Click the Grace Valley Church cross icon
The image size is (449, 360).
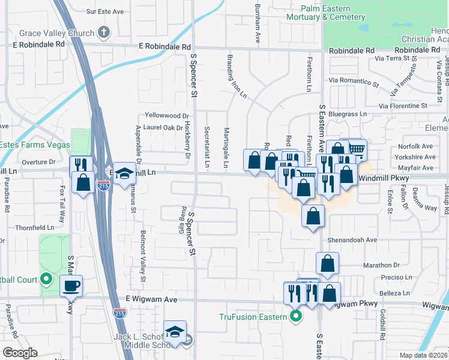(x=104, y=32)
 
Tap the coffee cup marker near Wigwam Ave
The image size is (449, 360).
(x=72, y=286)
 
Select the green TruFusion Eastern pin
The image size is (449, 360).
(x=295, y=317)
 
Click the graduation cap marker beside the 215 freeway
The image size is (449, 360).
(x=124, y=175)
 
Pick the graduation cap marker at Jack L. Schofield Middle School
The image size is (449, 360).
(x=174, y=331)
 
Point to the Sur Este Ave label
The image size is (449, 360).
(x=105, y=11)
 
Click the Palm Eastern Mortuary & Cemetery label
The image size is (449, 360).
(x=333, y=13)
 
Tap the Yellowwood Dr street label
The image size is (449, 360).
(x=167, y=116)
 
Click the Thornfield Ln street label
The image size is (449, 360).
(x=35, y=228)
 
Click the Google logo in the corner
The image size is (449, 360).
(x=20, y=352)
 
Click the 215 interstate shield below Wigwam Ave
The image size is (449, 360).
(x=119, y=313)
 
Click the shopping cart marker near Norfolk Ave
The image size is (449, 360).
(x=357, y=148)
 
